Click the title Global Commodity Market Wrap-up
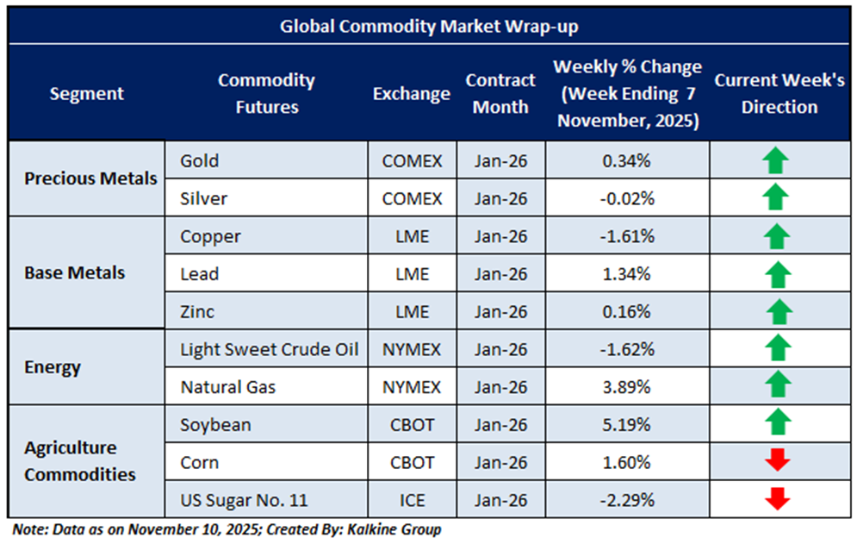click(x=428, y=27)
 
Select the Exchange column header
click(x=411, y=94)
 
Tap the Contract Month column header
click(x=500, y=94)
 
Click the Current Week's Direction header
click(x=779, y=94)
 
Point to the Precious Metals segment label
click(x=90, y=179)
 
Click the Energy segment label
click(x=53, y=367)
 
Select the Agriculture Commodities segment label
click(x=79, y=461)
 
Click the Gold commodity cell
click(x=200, y=160)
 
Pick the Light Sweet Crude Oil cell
click(x=269, y=349)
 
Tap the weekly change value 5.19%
click(x=627, y=425)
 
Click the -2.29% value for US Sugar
click(x=627, y=500)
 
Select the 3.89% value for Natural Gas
click(x=627, y=387)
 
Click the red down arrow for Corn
click(x=777, y=462)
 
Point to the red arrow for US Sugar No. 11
click(x=777, y=500)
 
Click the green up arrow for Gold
click(x=776, y=160)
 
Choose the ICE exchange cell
click(x=411, y=500)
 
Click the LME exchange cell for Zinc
click(x=411, y=311)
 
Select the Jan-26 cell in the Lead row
click(x=500, y=274)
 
